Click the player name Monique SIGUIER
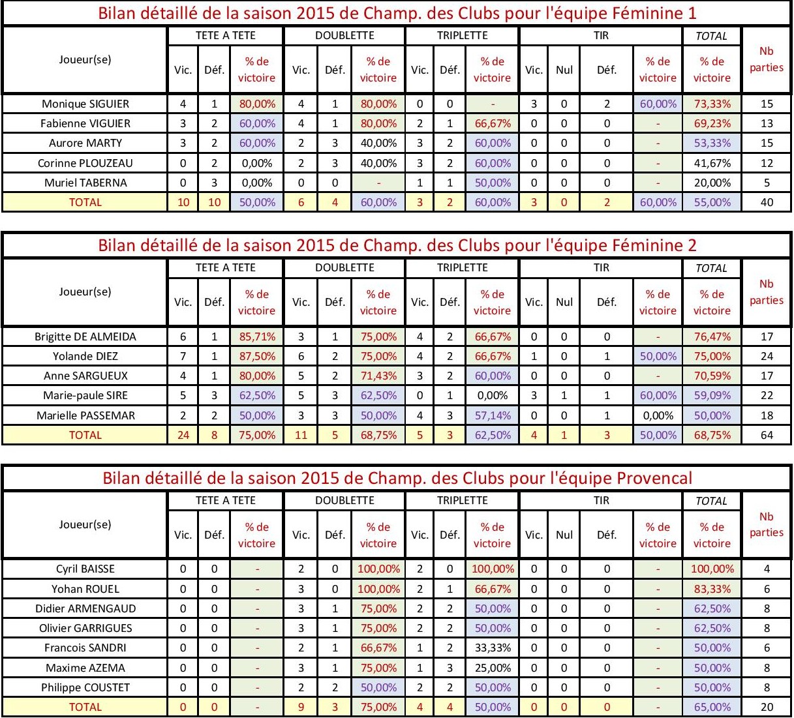(x=85, y=104)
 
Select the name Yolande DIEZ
(x=85, y=356)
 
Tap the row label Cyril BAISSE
(x=85, y=569)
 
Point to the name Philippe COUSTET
(x=85, y=687)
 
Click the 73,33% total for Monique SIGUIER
(x=712, y=104)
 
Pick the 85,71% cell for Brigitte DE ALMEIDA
(x=256, y=337)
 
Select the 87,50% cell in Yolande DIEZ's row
(x=256, y=356)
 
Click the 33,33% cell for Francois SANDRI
(x=492, y=648)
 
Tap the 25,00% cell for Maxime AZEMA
(x=492, y=668)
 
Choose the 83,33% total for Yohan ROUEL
(x=712, y=589)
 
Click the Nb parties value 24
(x=767, y=356)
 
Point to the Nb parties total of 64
(x=767, y=435)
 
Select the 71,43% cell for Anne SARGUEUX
(x=378, y=376)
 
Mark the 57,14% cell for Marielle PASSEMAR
(x=492, y=415)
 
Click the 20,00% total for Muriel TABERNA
(x=712, y=183)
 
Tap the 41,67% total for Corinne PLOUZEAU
(x=712, y=163)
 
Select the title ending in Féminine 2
(x=397, y=245)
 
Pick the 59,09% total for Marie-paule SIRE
(x=712, y=395)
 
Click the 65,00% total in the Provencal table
(x=712, y=707)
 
